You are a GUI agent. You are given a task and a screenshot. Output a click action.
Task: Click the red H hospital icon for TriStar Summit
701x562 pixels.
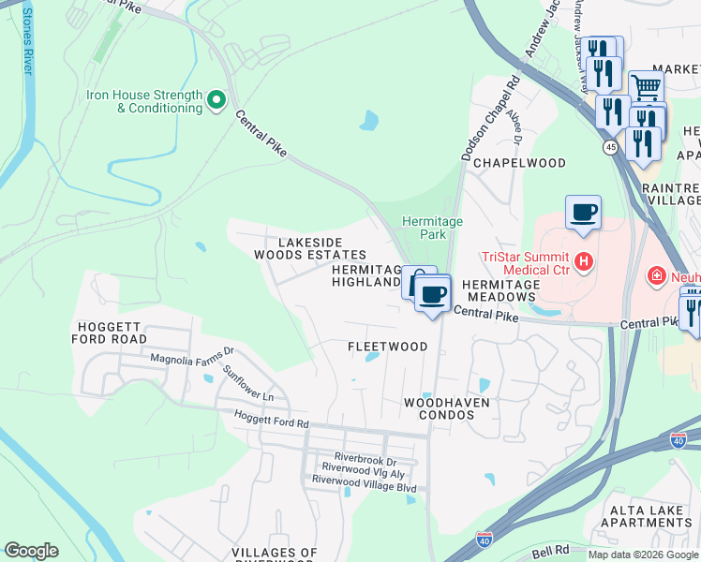[584, 259]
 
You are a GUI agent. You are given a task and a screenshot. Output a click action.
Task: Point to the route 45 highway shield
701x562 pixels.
[610, 147]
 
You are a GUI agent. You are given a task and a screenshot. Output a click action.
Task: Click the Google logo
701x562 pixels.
[31, 551]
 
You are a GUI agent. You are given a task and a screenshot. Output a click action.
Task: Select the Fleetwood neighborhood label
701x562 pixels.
[387, 347]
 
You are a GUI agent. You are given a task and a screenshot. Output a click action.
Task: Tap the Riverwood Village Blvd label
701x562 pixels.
[364, 479]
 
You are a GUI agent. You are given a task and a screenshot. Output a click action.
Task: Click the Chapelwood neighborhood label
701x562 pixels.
[519, 163]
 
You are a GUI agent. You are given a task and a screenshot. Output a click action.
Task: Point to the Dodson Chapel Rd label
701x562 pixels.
[489, 119]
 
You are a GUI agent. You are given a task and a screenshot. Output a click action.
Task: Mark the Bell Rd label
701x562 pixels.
[554, 549]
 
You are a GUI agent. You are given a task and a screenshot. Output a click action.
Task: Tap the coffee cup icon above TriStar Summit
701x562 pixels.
[583, 213]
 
